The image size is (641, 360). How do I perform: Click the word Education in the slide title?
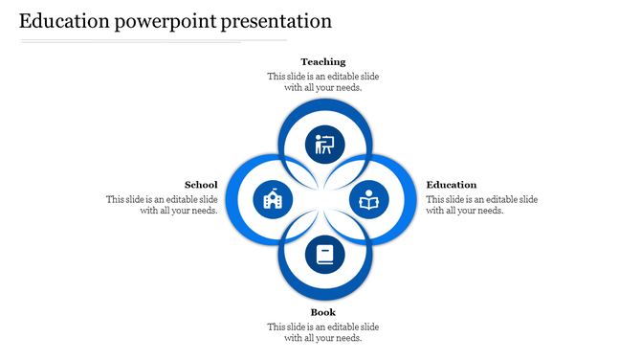coord(64,20)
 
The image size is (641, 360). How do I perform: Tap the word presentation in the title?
coord(276,20)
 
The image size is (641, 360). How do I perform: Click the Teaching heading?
coord(322,61)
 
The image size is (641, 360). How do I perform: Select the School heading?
coord(201,185)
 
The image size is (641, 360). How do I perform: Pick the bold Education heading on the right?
coord(452,185)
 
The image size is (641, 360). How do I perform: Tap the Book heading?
coord(322,312)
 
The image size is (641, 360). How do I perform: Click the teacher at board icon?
coord(324,145)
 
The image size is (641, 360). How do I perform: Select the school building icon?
coord(271,200)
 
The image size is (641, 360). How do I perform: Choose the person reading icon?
coord(368,200)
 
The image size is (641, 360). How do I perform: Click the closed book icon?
coord(324,256)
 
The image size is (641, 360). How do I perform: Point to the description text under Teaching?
coord(322,81)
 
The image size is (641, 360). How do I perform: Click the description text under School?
coord(162,205)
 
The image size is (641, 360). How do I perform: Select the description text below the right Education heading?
coord(481,205)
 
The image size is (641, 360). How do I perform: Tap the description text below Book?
coord(322,332)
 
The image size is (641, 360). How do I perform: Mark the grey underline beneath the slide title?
coord(153,41)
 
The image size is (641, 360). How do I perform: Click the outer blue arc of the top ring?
coord(323,103)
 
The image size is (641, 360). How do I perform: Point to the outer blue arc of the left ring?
coord(230,200)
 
